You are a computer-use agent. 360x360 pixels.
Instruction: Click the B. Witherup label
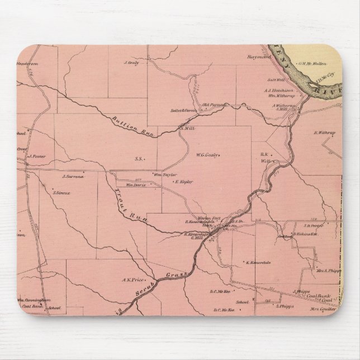click(324, 132)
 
